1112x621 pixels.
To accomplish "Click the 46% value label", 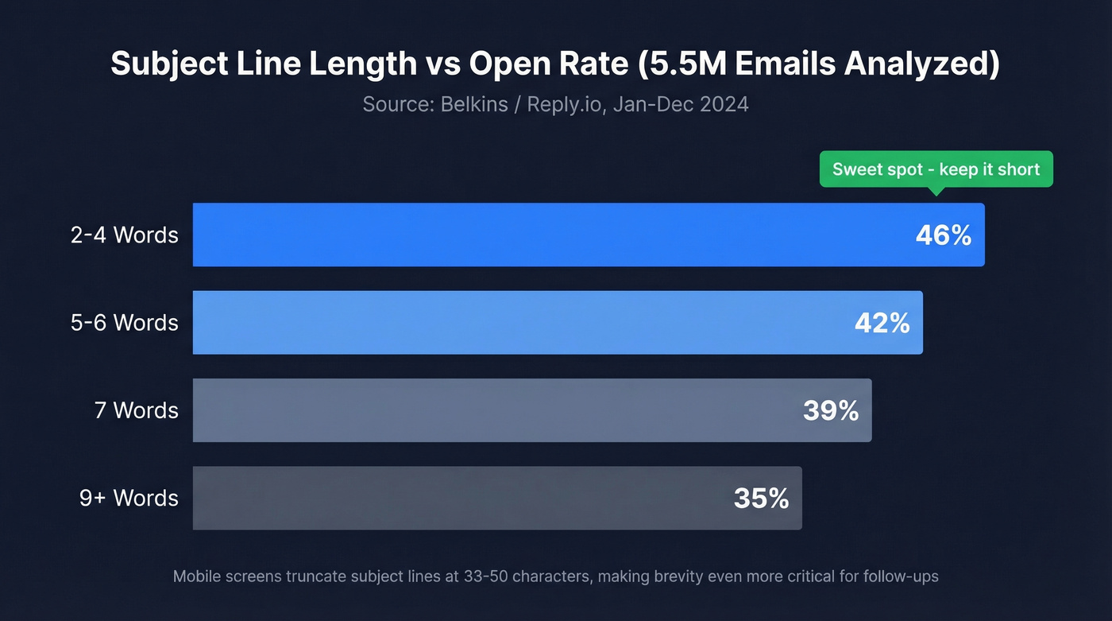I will pos(943,235).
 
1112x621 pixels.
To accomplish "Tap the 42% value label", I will pos(882,323).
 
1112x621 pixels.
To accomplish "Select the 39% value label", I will pos(831,410).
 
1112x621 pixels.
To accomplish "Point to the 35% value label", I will pos(761,498).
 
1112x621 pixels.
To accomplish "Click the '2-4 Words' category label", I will pos(124,235).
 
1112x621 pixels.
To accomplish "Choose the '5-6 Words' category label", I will pos(124,323).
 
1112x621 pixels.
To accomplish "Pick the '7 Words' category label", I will pos(136,410).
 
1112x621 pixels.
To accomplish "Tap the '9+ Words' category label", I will pos(129,498).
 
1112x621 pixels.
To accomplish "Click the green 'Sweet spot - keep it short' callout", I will pos(936,169).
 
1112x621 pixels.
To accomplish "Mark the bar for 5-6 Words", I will pos(516,323).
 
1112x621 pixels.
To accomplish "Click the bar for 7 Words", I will pos(492,410).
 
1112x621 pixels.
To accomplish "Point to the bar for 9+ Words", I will pos(461,498).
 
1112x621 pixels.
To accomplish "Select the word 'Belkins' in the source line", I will pos(474,104).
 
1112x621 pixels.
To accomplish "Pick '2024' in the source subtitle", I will pos(723,104).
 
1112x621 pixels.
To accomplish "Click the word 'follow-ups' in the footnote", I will pos(899,576).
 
